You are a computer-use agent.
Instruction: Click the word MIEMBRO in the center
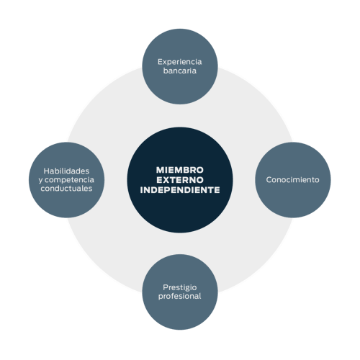click(x=180, y=170)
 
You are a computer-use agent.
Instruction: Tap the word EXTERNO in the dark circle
click(x=180, y=180)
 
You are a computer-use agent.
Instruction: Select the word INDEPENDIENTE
click(x=180, y=190)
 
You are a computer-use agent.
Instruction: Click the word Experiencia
click(x=180, y=62)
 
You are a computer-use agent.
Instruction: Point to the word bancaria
click(x=180, y=71)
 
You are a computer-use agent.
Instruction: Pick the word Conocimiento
click(x=292, y=180)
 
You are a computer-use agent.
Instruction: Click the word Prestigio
click(x=180, y=287)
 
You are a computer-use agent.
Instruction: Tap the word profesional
click(x=180, y=296)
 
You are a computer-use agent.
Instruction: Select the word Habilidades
click(x=66, y=171)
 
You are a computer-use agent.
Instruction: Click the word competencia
click(x=69, y=180)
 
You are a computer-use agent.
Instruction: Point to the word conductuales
click(x=66, y=189)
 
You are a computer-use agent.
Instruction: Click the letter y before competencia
click(x=40, y=181)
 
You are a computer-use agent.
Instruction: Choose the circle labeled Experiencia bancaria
click(x=180, y=66)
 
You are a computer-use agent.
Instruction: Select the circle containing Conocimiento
click(x=292, y=180)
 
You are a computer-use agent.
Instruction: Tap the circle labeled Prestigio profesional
click(x=180, y=292)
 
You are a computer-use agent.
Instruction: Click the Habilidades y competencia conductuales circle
click(x=66, y=180)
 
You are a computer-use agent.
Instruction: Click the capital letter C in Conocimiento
click(x=269, y=180)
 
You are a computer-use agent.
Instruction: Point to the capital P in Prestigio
click(x=166, y=287)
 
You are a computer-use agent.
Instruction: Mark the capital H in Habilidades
click(x=47, y=171)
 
